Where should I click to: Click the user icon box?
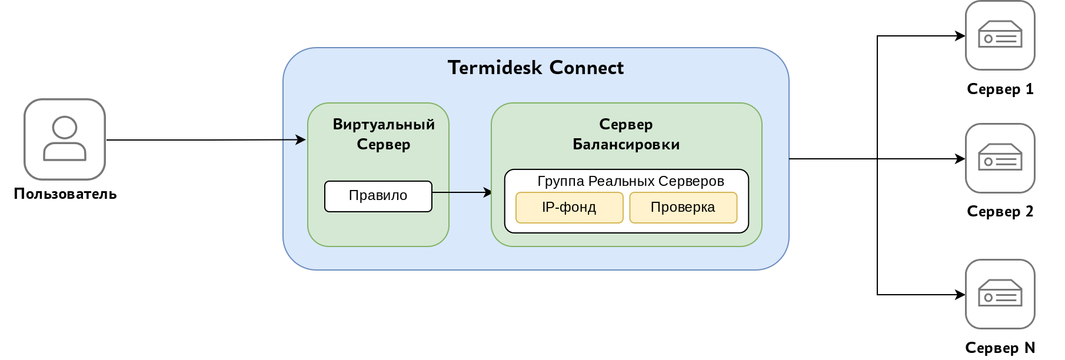point(65,139)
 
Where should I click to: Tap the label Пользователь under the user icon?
point(65,194)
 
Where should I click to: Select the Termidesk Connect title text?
point(535,68)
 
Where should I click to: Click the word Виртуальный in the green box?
point(384,125)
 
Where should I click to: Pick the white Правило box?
point(378,196)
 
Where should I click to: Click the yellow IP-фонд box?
point(569,208)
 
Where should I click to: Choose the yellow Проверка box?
point(683,208)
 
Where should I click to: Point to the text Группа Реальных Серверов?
point(630,181)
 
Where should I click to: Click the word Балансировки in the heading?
point(626,145)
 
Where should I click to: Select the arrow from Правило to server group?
point(462,192)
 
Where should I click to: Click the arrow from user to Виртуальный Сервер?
point(206,140)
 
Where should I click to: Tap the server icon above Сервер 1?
point(1000,35)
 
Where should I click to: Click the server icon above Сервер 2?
point(1000,158)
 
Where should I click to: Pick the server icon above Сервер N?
point(1000,294)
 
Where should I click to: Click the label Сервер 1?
point(1000,89)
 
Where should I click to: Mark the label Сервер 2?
point(1000,212)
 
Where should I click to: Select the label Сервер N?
point(1000,348)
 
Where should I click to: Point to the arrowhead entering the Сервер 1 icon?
point(960,36)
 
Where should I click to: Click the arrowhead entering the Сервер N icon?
point(960,295)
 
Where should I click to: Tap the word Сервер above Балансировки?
point(625,125)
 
